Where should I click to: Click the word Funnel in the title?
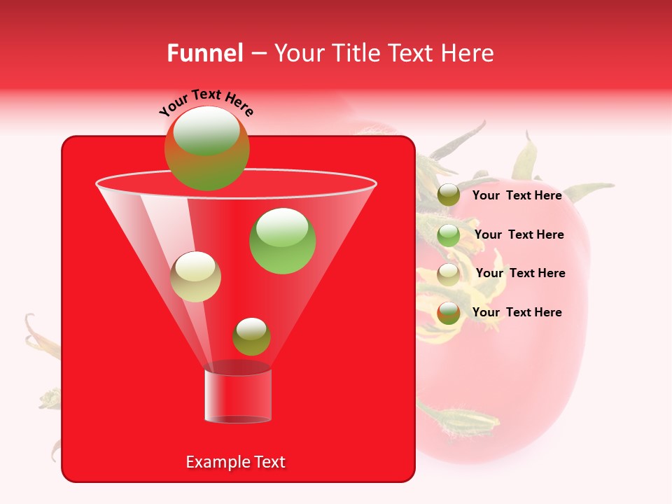204,53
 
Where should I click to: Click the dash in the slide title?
258,53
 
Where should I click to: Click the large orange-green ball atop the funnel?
206,148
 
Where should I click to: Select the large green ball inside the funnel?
282,241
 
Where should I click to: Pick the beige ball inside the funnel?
195,276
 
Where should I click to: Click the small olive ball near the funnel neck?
251,337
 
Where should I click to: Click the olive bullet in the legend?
449,195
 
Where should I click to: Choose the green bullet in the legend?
449,235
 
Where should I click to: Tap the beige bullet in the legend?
449,274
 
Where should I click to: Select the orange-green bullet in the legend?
449,313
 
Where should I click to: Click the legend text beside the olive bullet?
517,195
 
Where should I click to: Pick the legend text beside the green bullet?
519,234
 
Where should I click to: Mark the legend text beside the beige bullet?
520,273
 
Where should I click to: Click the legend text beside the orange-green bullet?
517,312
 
